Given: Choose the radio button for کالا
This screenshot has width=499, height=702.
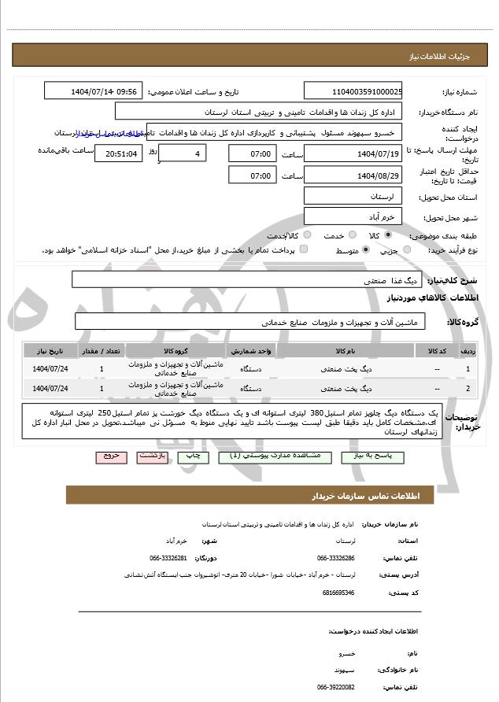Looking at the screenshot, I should coord(388,235).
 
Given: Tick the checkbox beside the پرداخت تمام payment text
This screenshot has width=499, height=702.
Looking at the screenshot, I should coord(304,250).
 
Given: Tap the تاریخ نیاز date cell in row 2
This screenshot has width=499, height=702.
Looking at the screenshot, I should coord(50,388).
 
